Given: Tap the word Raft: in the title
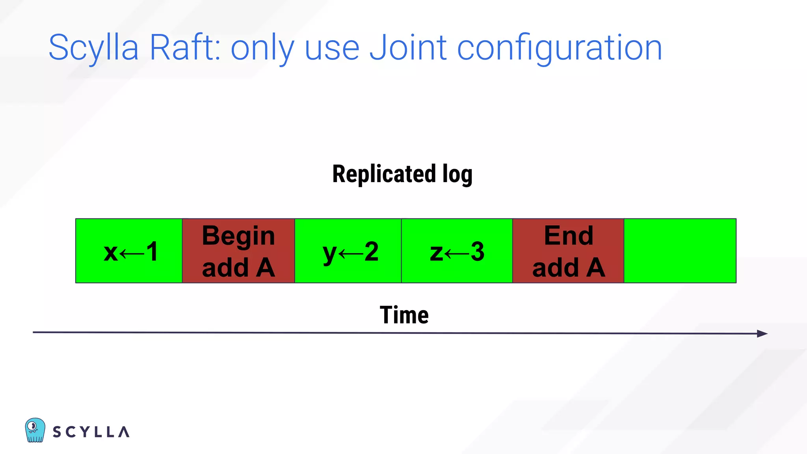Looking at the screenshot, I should (184, 48).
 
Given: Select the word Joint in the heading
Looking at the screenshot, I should (408, 48).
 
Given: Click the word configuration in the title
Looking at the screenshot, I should (559, 48).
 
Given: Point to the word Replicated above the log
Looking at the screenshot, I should (384, 174).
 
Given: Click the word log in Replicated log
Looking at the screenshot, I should (457, 175).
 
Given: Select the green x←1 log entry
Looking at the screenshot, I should (129, 251).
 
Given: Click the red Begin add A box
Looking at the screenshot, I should (238, 251).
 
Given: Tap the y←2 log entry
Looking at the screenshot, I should (348, 251).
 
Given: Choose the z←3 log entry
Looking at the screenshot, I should (457, 251).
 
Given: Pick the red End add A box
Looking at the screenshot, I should (568, 251).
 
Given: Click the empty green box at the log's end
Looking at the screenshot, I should (680, 251).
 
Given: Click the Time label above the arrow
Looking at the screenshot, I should (404, 315).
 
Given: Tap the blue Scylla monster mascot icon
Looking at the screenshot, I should (35, 430).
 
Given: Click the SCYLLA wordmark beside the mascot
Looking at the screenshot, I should (91, 432).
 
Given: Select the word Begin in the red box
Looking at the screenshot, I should (238, 236).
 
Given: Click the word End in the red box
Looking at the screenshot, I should (568, 236).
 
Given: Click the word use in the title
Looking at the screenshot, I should (332, 48).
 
